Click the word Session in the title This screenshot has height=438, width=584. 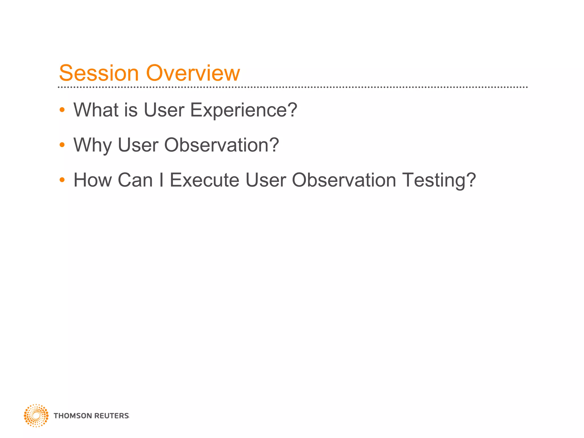tap(99, 73)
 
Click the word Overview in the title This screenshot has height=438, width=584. tap(193, 73)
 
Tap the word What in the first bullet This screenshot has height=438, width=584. tap(96, 110)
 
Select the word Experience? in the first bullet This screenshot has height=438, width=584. tap(244, 110)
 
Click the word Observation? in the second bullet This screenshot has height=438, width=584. tap(221, 145)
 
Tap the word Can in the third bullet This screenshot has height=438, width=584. tap(135, 180)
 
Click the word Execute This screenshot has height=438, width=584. tap(204, 180)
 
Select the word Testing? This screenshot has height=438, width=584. tap(439, 181)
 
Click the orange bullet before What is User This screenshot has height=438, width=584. tap(62, 110)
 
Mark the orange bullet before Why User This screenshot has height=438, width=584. tap(62, 145)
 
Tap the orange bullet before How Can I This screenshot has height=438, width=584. tap(62, 180)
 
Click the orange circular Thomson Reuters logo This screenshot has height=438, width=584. tap(36, 415)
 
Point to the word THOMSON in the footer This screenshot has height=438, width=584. tap(72, 416)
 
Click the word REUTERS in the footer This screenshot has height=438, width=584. tap(111, 416)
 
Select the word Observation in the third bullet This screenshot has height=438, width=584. tap(344, 180)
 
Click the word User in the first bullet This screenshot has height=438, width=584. tap(164, 110)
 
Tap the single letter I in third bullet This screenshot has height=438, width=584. tap(161, 180)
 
